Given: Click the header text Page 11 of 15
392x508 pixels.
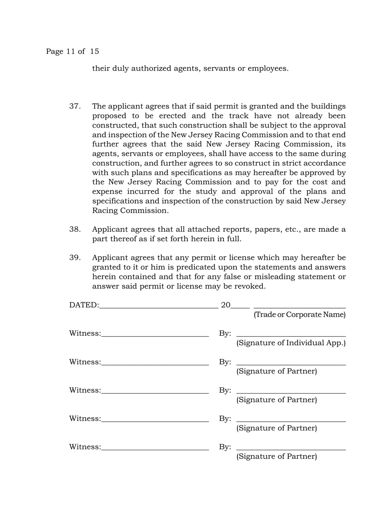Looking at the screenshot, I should [72, 52].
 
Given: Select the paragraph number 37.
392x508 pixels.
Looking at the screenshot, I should [74, 107].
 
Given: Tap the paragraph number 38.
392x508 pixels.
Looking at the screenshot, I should [74, 230].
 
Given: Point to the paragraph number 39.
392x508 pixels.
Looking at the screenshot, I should [74, 258].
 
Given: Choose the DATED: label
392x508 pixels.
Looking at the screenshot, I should [84, 306].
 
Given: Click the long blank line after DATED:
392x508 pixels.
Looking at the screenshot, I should [159, 308].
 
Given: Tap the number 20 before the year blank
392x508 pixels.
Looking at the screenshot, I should [226, 306].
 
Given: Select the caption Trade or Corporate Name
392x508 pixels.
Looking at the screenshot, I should [300, 315].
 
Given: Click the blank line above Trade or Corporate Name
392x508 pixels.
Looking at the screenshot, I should [300, 308].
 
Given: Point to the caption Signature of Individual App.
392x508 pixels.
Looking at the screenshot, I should [291, 343].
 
